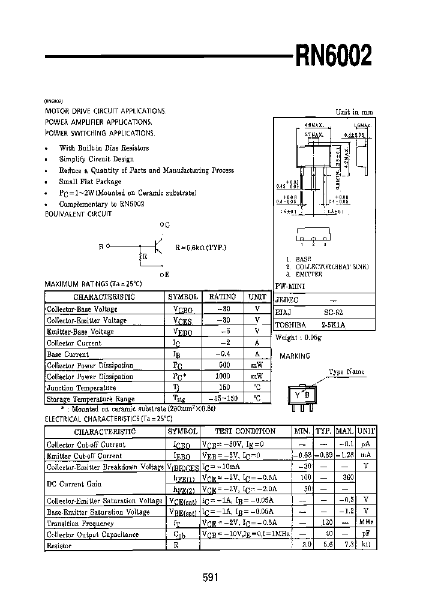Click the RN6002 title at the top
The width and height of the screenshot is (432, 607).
(x=333, y=57)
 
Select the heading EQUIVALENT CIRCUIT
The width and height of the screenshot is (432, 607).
(x=79, y=214)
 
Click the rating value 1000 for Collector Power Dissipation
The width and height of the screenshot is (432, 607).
(x=223, y=377)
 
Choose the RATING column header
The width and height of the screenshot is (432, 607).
(x=223, y=297)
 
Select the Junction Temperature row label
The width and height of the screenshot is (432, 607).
(x=82, y=388)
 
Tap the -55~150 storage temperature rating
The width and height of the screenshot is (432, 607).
(x=223, y=399)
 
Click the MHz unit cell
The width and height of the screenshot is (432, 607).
(x=365, y=523)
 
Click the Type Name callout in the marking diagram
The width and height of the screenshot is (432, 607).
(x=346, y=372)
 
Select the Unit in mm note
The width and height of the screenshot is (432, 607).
(x=354, y=112)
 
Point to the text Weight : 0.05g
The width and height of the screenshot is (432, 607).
(x=298, y=338)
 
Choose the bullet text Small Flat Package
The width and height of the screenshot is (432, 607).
(x=90, y=182)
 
